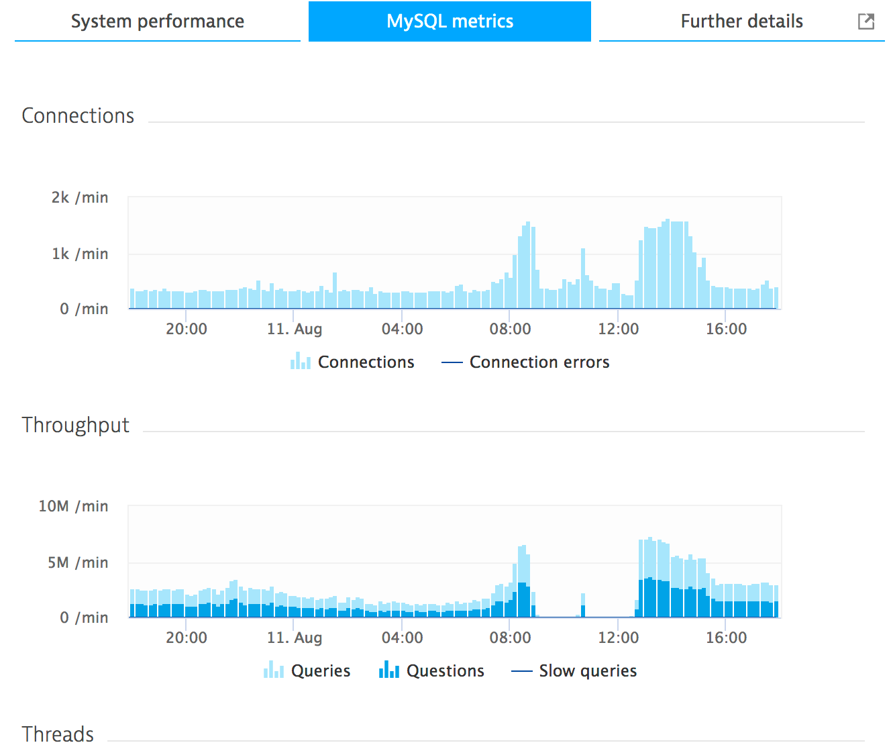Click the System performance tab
[x=158, y=21]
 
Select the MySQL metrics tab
[x=450, y=21]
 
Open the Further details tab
[x=741, y=21]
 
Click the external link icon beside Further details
[x=866, y=21]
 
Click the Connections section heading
[x=78, y=116]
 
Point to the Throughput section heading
[x=75, y=426]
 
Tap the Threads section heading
[x=58, y=734]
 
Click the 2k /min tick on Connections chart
[x=80, y=198]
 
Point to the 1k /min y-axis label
[x=80, y=254]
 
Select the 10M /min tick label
[x=73, y=507]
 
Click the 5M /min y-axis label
[x=78, y=563]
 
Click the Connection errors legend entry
[x=525, y=362]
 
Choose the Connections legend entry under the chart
[x=353, y=362]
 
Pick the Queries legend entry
[x=307, y=671]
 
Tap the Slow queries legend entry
[x=574, y=671]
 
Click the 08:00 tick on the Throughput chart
[x=510, y=638]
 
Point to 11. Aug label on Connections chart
[x=295, y=330]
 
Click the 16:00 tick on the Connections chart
[x=726, y=330]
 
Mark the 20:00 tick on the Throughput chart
[x=187, y=638]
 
